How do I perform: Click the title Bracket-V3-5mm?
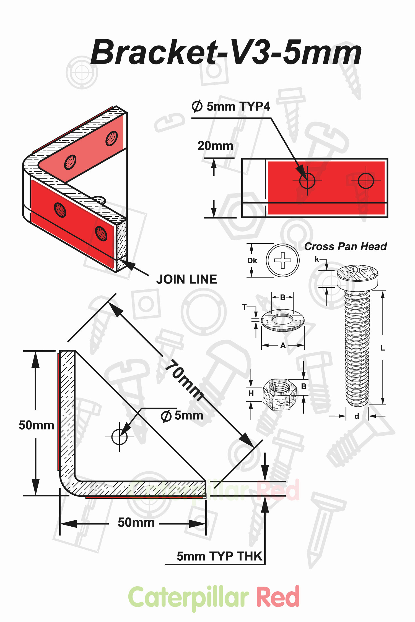(x=226, y=52)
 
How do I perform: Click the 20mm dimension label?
(x=215, y=146)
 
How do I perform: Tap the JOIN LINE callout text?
(x=186, y=279)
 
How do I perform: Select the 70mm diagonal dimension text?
(x=184, y=380)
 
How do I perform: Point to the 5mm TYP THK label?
(x=219, y=556)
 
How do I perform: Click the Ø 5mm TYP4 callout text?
(x=231, y=106)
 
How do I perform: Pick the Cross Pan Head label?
(x=345, y=246)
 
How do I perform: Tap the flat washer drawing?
(x=282, y=320)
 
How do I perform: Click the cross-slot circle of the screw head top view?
(x=282, y=260)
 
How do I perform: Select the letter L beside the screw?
(x=383, y=348)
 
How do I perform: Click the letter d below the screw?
(x=357, y=416)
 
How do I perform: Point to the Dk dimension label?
(x=252, y=260)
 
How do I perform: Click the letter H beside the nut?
(x=251, y=393)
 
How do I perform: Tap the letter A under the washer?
(x=283, y=345)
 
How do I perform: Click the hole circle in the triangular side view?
(x=119, y=437)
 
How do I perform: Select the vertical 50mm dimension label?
(x=36, y=425)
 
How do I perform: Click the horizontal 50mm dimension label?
(x=136, y=522)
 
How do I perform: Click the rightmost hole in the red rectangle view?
(x=366, y=181)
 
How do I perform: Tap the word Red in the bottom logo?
(x=278, y=597)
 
